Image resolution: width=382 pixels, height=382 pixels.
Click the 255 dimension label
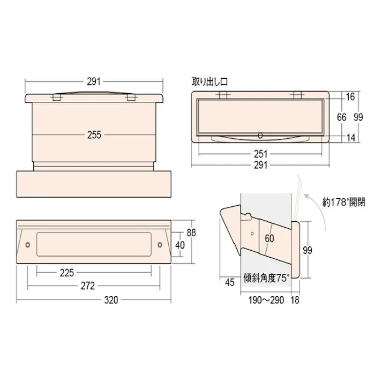click(x=94, y=136)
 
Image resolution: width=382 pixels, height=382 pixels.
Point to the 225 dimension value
click(x=67, y=273)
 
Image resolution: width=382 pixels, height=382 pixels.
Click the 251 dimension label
click(x=260, y=154)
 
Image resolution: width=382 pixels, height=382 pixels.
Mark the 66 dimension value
click(x=341, y=117)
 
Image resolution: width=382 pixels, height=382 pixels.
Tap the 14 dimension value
click(x=351, y=138)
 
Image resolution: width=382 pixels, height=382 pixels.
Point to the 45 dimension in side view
click(x=230, y=283)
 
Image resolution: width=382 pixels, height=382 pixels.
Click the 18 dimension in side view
click(x=295, y=300)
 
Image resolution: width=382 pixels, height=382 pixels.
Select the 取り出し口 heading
click(x=210, y=82)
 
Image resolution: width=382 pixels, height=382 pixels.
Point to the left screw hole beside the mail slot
click(x=28, y=245)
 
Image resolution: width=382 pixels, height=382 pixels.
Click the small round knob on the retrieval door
click(x=260, y=134)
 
